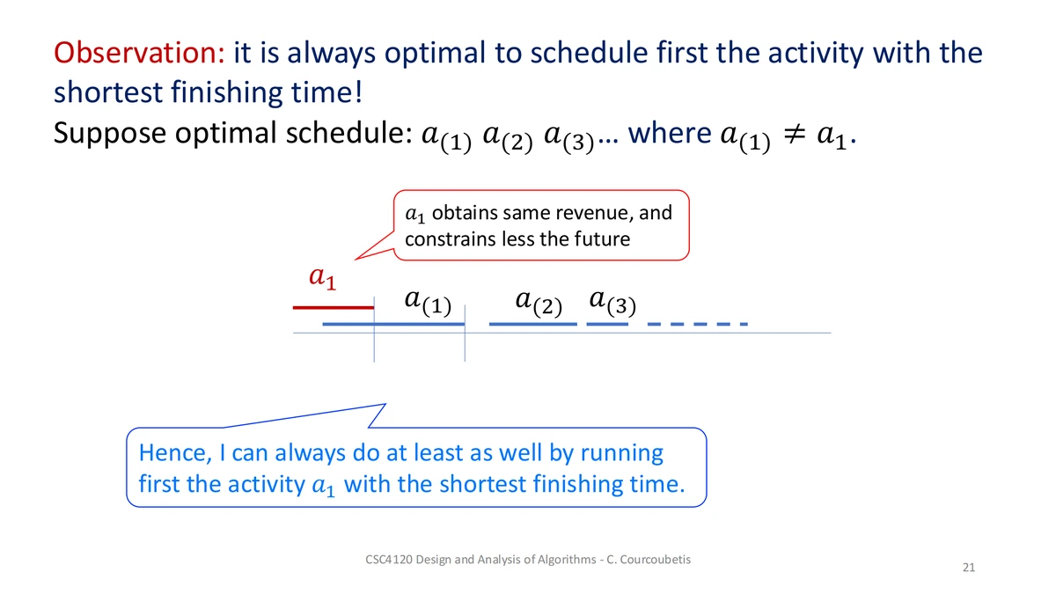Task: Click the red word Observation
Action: pyautogui.click(x=139, y=52)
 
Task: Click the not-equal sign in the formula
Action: pyautogui.click(x=794, y=135)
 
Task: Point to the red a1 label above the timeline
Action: pyautogui.click(x=322, y=278)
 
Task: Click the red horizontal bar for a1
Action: pyautogui.click(x=334, y=308)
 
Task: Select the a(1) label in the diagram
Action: pyautogui.click(x=428, y=302)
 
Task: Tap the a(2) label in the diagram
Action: pyautogui.click(x=539, y=303)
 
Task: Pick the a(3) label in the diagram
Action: pyautogui.click(x=612, y=302)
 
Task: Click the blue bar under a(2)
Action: pyautogui.click(x=532, y=324)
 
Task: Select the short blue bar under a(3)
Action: pyautogui.click(x=607, y=324)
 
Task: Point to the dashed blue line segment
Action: pyautogui.click(x=698, y=324)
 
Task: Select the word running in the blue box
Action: pyautogui.click(x=622, y=454)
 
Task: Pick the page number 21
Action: pyautogui.click(x=969, y=567)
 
